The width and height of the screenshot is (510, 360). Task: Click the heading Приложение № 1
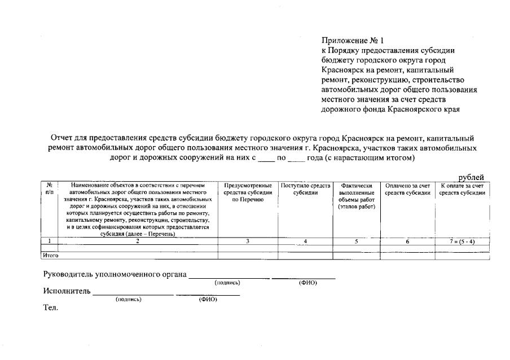[x=352, y=41]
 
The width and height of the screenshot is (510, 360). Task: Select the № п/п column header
[x=49, y=188]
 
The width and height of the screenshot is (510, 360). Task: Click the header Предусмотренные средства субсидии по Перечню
[x=248, y=192]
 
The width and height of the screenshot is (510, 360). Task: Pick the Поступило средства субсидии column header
[x=305, y=188]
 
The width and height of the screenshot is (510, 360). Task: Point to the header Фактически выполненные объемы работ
[x=357, y=196]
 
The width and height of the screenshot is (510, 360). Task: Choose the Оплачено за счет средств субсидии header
[x=408, y=188]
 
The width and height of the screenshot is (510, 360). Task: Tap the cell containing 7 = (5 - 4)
[x=462, y=241]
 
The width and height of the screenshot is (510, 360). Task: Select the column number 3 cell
[x=248, y=241]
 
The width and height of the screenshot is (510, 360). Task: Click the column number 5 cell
[x=357, y=241]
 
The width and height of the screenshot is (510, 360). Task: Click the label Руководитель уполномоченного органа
[x=115, y=274]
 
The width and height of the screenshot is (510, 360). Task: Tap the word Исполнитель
[x=67, y=291]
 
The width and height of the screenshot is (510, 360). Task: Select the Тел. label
[x=51, y=308]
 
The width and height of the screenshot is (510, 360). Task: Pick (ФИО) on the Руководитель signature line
[x=307, y=283]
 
